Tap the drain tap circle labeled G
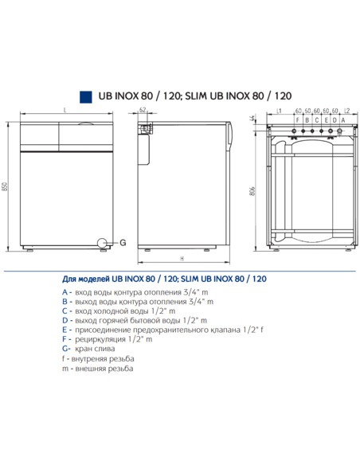pos(102,242)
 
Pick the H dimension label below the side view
pos(182,260)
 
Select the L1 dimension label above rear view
pos(280,111)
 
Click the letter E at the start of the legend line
pos(65,330)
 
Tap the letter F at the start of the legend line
pos(65,339)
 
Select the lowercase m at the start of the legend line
pos(65,369)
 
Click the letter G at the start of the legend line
pos(65,349)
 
